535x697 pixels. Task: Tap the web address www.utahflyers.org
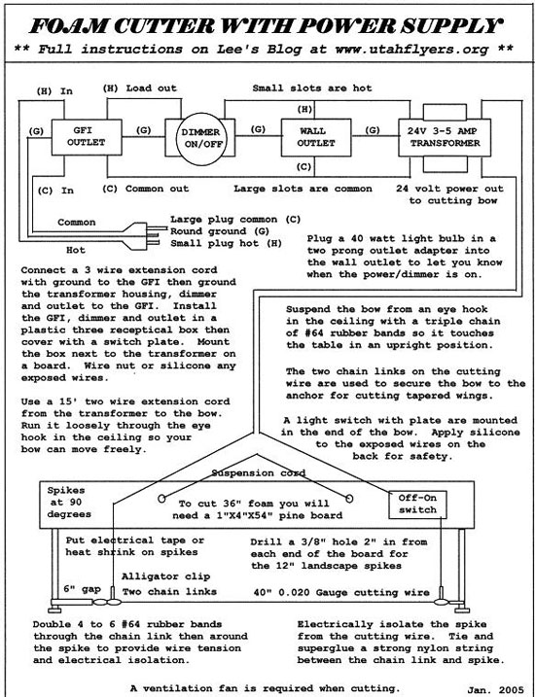click(411, 49)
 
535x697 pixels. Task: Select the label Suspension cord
click(259, 472)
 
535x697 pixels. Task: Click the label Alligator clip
click(166, 576)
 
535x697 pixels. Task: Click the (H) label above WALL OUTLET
click(304, 109)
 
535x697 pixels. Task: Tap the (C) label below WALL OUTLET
click(304, 167)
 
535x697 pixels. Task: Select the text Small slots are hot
click(312, 88)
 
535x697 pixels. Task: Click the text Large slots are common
click(303, 189)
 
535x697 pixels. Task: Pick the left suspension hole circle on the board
click(161, 499)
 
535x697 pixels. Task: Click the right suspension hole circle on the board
click(349, 499)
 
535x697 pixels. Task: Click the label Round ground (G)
click(214, 231)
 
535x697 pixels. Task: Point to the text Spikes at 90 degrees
click(69, 503)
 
